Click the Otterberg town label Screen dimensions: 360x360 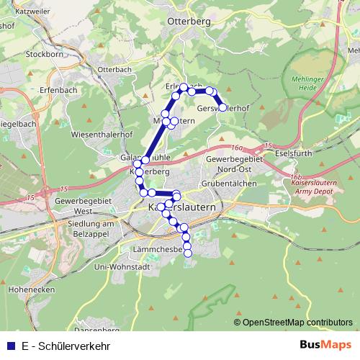(x=188, y=22)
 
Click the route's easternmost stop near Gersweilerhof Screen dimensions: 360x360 (x=222, y=107)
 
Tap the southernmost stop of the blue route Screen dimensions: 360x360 (x=188, y=253)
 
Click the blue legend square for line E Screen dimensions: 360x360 (x=10, y=345)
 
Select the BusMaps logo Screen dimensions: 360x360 (x=330, y=345)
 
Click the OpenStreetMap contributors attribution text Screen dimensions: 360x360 (x=297, y=322)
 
